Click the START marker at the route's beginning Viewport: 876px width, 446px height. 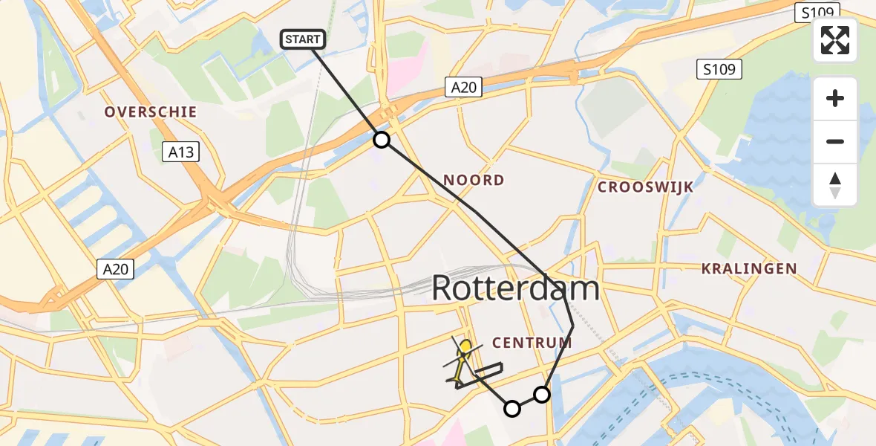(x=302, y=39)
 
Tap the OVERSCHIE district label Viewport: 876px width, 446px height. (x=151, y=112)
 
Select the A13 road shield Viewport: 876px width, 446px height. (x=181, y=152)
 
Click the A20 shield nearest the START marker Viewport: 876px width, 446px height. (x=464, y=88)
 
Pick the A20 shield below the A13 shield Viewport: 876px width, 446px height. (x=115, y=269)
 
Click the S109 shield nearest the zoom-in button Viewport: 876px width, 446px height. (x=719, y=70)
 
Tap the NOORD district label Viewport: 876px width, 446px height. (x=474, y=180)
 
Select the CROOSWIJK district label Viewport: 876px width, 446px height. (x=645, y=187)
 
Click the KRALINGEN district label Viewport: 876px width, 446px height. (x=749, y=269)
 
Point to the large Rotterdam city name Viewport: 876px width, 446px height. (x=515, y=288)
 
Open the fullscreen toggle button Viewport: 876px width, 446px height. (x=835, y=40)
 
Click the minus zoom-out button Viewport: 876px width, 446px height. (x=835, y=141)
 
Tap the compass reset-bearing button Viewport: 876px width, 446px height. (x=835, y=185)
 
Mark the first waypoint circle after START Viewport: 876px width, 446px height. (x=381, y=140)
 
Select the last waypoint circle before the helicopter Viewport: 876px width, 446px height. (x=512, y=408)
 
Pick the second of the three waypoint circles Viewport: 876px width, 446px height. (x=543, y=395)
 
